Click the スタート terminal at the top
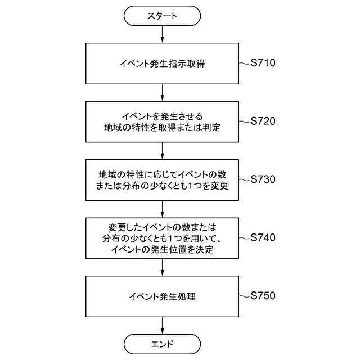pyautogui.click(x=162, y=16)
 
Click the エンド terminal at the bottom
pyautogui.click(x=162, y=343)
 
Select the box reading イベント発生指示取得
pyautogui.click(x=162, y=64)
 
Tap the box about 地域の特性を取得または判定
pyautogui.click(x=162, y=121)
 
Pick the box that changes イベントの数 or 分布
pyautogui.click(x=162, y=180)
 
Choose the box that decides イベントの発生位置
pyautogui.click(x=162, y=238)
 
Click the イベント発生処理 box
pyautogui.click(x=162, y=296)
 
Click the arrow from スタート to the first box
pyautogui.click(x=162, y=35)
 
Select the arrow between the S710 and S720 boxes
pyautogui.click(x=162, y=92)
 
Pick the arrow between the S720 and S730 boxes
pyautogui.click(x=162, y=151)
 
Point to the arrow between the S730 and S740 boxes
pyautogui.click(x=162, y=209)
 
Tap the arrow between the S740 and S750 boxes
pyautogui.click(x=162, y=267)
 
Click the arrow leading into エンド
pyautogui.click(x=162, y=325)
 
